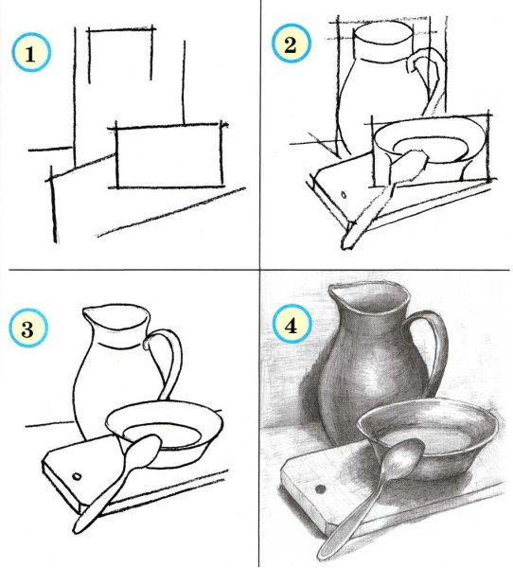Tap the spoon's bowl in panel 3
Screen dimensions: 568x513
[142, 451]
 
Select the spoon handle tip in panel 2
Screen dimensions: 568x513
[348, 244]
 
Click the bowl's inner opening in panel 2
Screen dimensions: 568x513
[431, 147]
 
